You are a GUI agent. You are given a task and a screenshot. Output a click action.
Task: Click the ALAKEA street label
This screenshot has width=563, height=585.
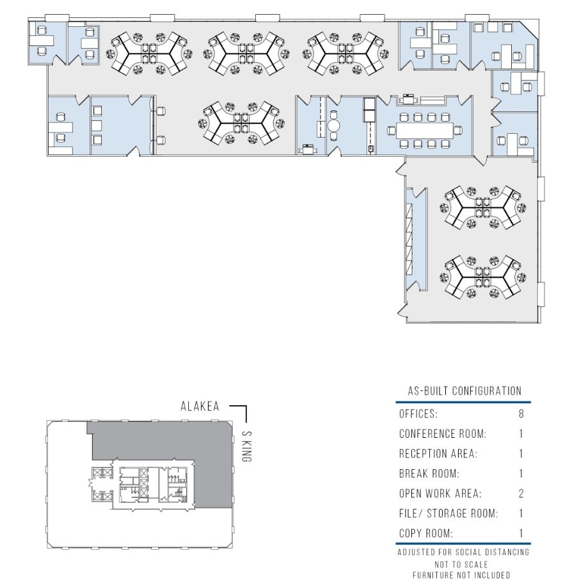[200, 406]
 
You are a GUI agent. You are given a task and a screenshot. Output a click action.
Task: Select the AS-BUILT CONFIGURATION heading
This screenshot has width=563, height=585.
[464, 391]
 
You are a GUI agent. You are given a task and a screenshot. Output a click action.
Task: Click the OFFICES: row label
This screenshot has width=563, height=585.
[418, 415]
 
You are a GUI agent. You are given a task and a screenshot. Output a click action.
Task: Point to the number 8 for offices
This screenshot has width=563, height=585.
[521, 415]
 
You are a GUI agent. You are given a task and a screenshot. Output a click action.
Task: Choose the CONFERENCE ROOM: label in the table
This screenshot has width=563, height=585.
[443, 434]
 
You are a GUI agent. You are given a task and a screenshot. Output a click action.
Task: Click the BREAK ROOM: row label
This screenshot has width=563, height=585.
[430, 474]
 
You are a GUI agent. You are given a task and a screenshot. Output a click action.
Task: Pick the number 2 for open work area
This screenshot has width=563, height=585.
[521, 493]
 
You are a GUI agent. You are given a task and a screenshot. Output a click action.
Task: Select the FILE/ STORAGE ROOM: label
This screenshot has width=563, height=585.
[448, 513]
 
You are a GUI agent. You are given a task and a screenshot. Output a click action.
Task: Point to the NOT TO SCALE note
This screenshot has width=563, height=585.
[464, 565]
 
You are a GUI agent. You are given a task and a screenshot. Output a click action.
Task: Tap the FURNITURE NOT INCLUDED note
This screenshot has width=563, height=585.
[464, 575]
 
